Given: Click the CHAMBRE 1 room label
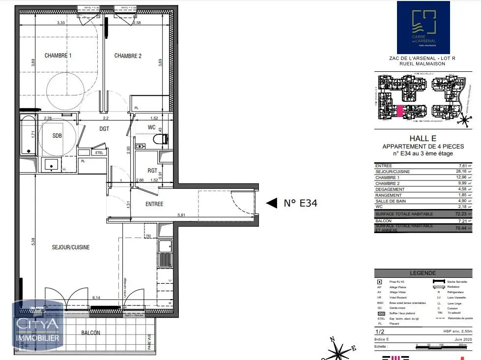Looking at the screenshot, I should [58, 56].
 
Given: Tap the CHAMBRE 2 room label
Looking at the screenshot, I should [128, 56].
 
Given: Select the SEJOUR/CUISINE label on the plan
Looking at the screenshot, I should [71, 247].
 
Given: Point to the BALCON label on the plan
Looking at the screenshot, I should [90, 333].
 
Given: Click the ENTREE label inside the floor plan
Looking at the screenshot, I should [154, 204].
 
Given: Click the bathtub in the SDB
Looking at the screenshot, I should [28, 135].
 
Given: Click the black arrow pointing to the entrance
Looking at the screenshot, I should [271, 203].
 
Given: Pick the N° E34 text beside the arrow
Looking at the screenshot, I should [301, 203].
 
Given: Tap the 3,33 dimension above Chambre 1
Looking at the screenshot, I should [61, 23].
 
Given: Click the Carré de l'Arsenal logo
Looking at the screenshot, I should [423, 28].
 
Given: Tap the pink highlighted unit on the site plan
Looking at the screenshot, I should [400, 111].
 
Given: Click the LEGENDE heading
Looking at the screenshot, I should [423, 273].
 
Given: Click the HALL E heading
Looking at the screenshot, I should [423, 139].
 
